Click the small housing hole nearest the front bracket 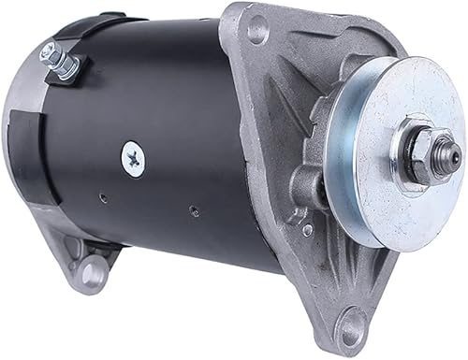(192, 210)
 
